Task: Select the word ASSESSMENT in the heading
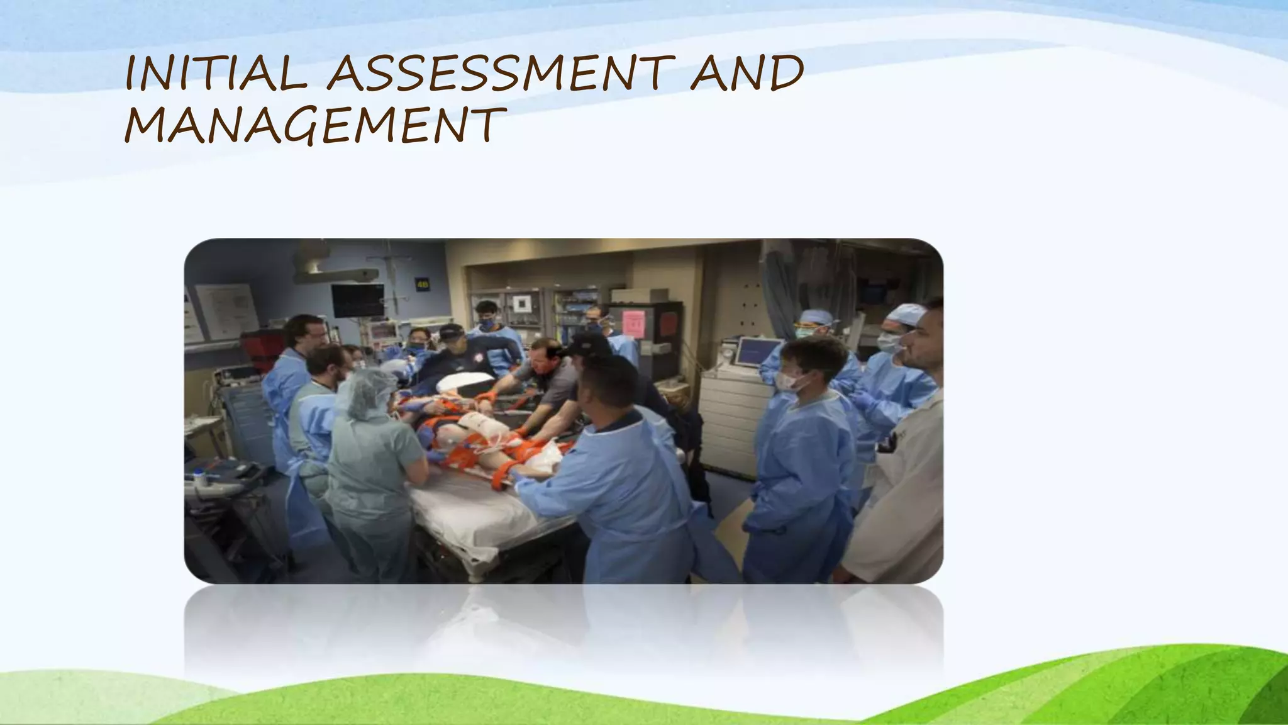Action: [500, 74]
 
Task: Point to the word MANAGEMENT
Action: [314, 125]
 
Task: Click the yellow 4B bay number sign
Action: [421, 284]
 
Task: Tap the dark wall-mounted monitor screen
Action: [357, 300]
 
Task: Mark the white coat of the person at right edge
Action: [899, 491]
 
